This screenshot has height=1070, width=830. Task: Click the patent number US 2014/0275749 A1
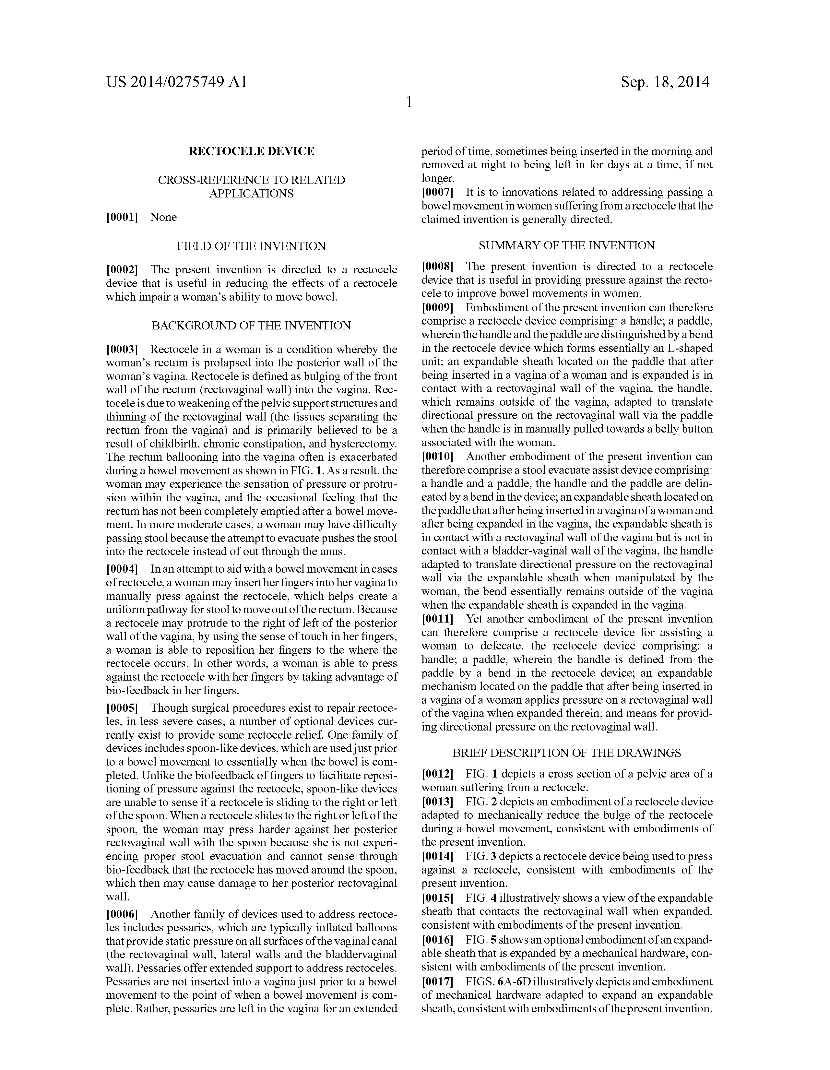[x=176, y=82]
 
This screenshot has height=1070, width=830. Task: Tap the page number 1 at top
[x=409, y=102]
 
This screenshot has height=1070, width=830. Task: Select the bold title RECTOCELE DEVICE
[x=251, y=151]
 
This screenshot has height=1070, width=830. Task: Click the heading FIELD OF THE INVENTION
[x=251, y=246]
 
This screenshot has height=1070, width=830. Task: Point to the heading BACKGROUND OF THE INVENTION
[x=251, y=325]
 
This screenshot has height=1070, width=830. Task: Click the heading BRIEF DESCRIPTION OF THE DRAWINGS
[x=566, y=753]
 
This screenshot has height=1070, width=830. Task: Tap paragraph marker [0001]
[x=122, y=217]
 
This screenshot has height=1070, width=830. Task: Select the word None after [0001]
[x=164, y=217]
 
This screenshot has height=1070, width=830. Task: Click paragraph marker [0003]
[x=122, y=350]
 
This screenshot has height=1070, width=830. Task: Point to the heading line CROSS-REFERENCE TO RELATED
[x=251, y=180]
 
